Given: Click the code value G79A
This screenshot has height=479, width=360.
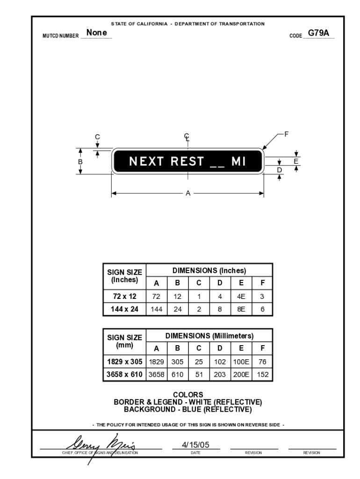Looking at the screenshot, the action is tap(318, 33).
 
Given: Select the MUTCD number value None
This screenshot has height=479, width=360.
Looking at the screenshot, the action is tap(96, 32).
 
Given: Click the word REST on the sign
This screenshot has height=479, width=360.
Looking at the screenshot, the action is tap(187, 161).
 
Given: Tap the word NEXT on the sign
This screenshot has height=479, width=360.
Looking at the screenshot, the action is tap(146, 161).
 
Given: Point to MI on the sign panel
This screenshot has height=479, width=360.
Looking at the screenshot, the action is tap(238, 161).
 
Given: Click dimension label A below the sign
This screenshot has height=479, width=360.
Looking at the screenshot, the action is tap(188, 193).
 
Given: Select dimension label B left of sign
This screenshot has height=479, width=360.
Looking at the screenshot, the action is tap(80, 161).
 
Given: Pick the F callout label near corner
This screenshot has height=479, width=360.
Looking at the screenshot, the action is tap(287, 134).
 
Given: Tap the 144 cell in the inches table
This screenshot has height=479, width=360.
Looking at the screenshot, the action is tap(156, 309).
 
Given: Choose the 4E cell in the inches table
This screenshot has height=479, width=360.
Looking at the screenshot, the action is tap(241, 296).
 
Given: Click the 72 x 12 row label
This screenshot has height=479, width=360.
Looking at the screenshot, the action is tap(124, 296).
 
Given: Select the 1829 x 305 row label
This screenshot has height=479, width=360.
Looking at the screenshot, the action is tap(124, 362).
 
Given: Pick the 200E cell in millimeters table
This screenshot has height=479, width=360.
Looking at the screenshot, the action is tap(241, 375).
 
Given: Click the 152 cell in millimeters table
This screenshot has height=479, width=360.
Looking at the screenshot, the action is tap(263, 375).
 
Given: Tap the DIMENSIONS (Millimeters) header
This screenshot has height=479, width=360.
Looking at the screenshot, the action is tap(209, 336).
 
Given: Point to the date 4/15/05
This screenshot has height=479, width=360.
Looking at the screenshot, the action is tap(195, 444).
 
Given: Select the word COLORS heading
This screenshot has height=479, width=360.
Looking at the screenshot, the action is tap(188, 395).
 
